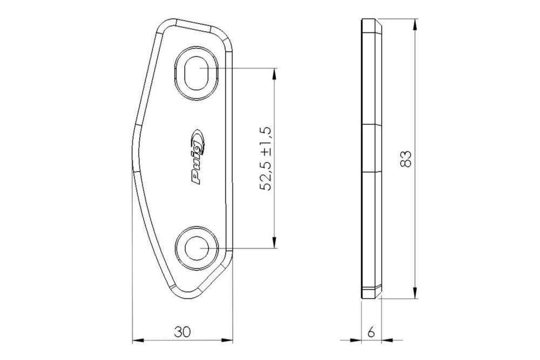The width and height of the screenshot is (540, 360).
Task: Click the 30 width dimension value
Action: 182,332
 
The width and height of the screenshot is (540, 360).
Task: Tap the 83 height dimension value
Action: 406,159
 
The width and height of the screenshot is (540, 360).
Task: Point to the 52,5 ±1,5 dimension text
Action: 266,158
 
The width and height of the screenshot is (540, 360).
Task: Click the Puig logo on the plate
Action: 198,157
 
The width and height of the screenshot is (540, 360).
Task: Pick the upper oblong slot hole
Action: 197,73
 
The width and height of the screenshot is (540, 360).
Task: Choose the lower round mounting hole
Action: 197,248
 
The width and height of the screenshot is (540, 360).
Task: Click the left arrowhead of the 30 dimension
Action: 138,341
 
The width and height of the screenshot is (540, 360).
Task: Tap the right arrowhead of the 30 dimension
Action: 227,341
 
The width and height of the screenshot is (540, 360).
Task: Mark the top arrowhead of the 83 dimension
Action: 416,24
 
